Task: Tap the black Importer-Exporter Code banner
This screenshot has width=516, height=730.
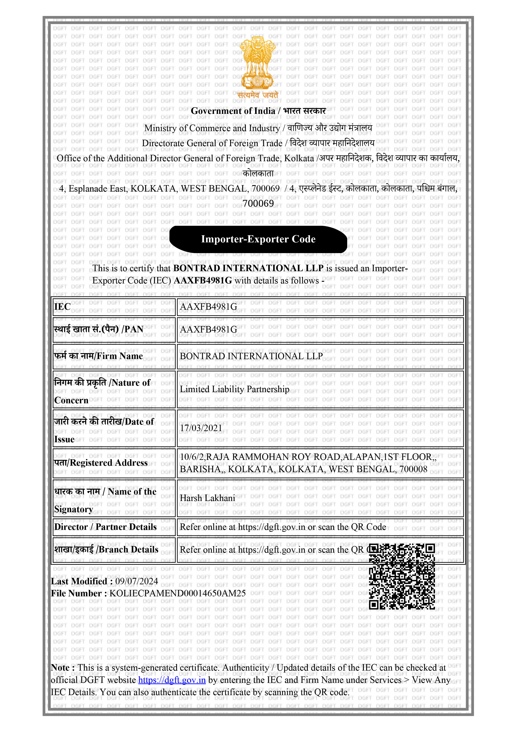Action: [x=258, y=239]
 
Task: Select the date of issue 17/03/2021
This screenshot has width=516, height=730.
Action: [x=201, y=428]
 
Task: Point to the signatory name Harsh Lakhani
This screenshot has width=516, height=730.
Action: [x=207, y=498]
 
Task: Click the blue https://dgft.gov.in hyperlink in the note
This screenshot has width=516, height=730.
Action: [x=172, y=680]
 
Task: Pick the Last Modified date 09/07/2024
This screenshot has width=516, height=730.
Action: [x=137, y=581]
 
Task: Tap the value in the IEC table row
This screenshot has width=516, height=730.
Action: [x=209, y=307]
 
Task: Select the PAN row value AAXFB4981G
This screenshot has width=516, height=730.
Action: [x=209, y=329]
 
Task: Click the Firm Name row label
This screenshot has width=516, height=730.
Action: [x=99, y=356]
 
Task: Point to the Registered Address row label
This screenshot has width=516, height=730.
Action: [x=101, y=463]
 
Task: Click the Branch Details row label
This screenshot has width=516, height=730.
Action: [x=106, y=550]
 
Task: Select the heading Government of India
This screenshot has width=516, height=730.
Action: [x=233, y=111]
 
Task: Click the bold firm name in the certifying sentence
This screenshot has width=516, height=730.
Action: [x=248, y=268]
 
